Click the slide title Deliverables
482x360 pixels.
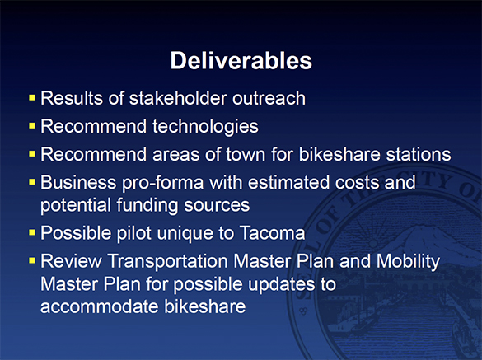point(241,61)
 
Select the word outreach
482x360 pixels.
point(269,99)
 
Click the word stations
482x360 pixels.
point(420,154)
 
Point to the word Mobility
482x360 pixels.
point(409,262)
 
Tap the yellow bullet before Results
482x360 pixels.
point(31,98)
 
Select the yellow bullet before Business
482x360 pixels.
point(31,182)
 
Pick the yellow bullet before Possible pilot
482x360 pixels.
point(31,231)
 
